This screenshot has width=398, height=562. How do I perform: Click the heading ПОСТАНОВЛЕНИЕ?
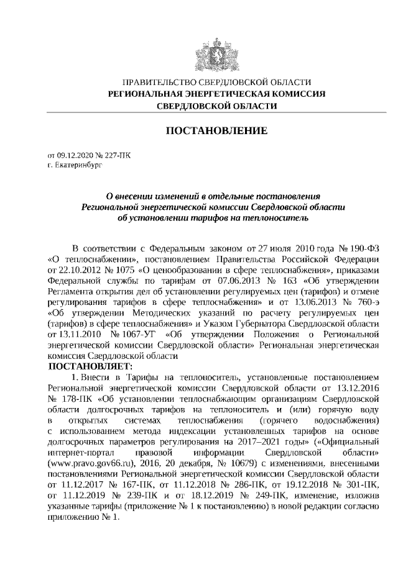click(x=215, y=131)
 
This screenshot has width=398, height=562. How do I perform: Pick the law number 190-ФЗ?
click(x=359, y=248)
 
